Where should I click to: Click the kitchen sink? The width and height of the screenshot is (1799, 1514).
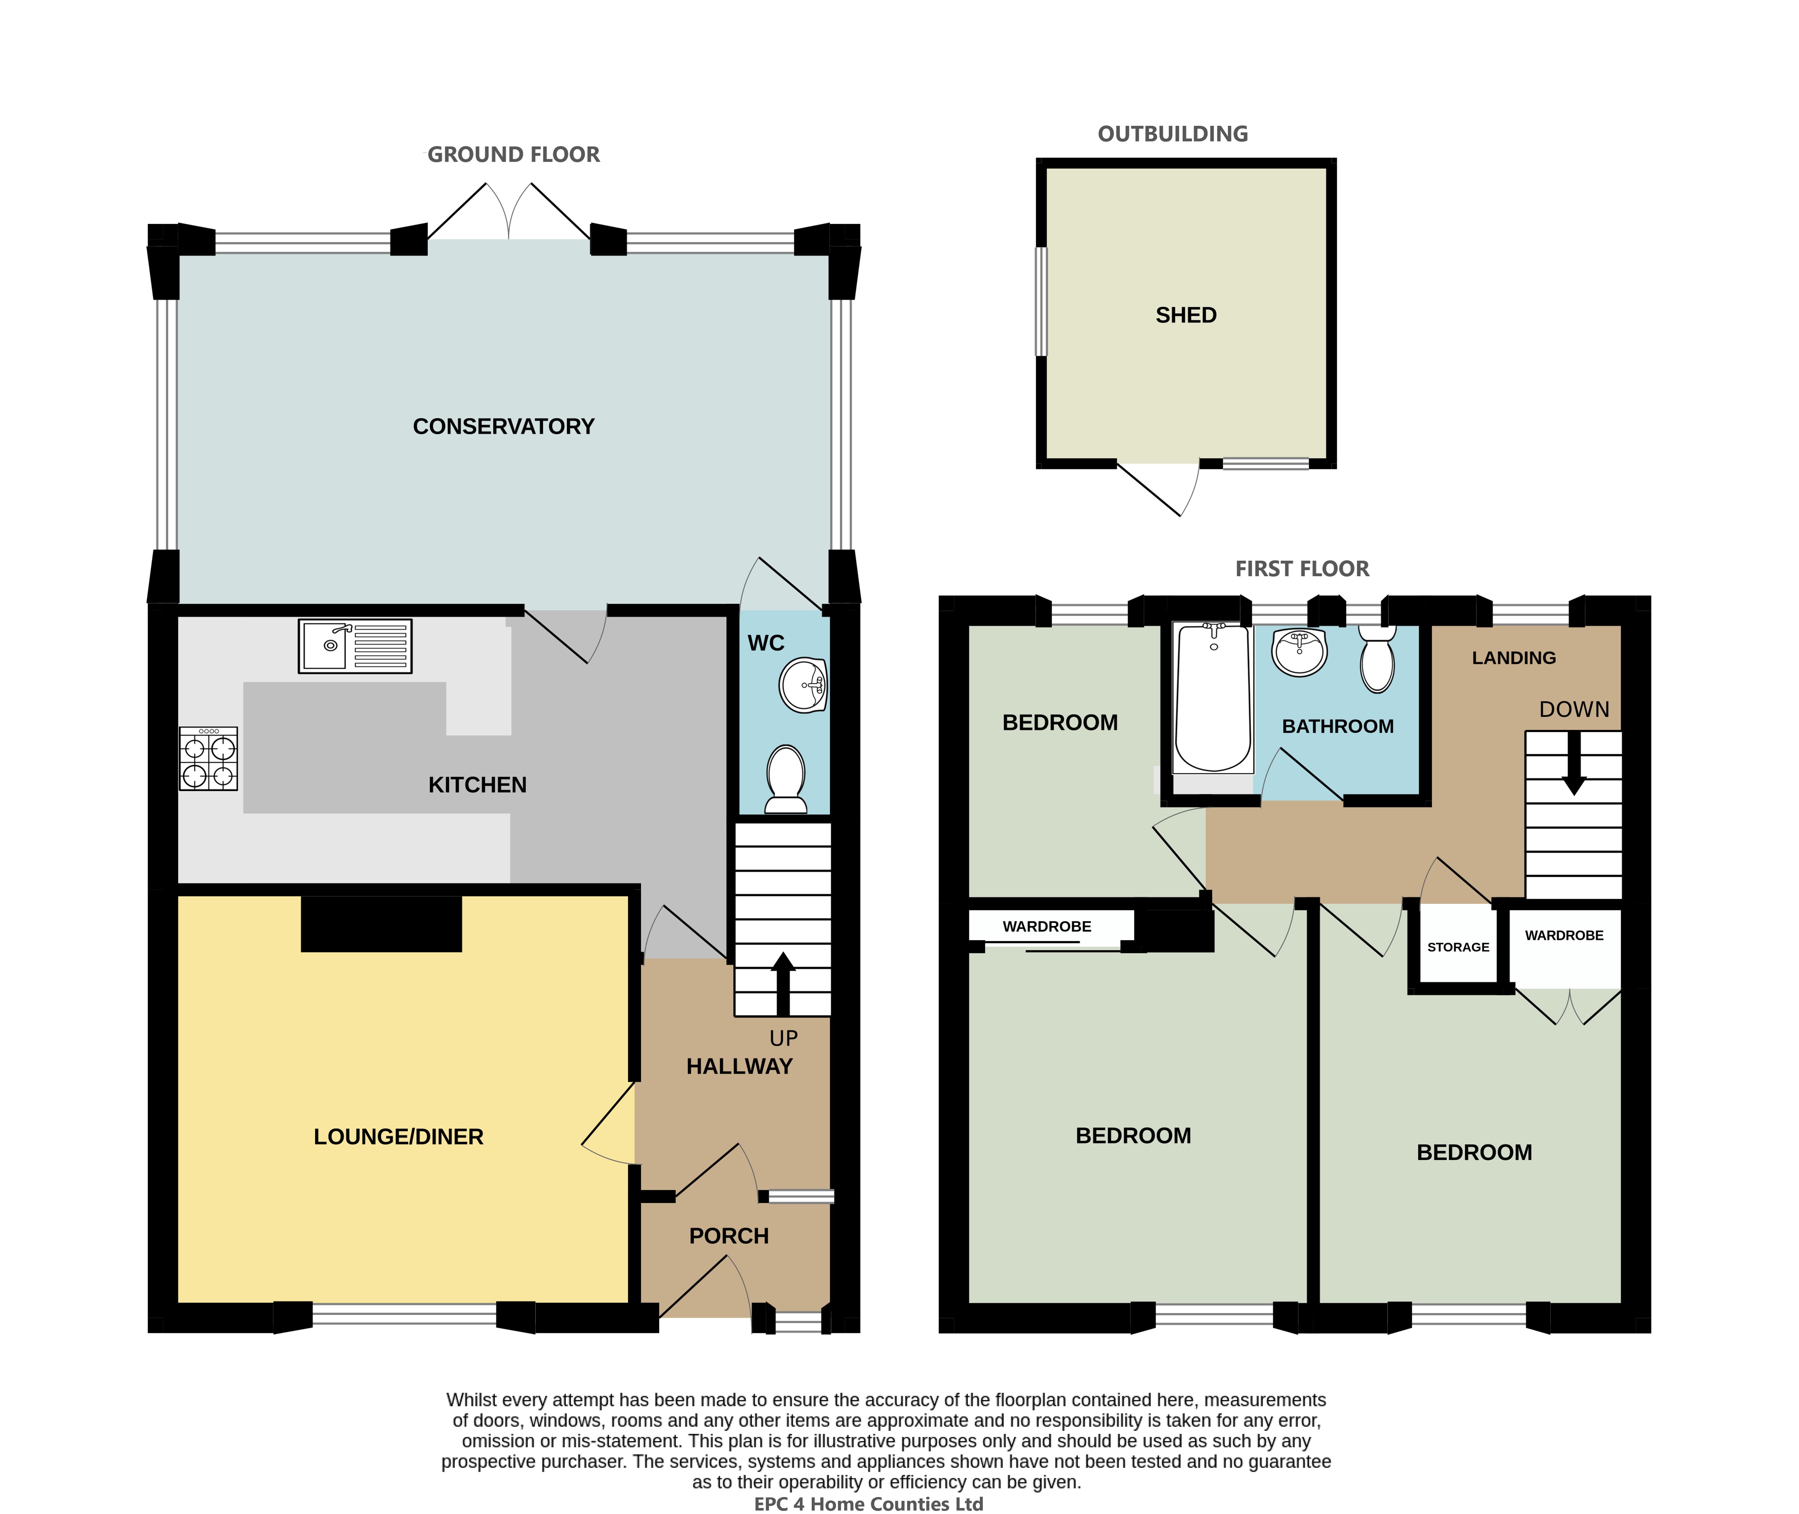click(354, 645)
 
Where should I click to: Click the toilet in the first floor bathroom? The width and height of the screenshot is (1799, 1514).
click(1378, 658)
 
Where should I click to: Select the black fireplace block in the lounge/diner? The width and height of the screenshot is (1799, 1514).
click(381, 924)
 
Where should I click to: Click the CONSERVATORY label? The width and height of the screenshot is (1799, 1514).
click(504, 427)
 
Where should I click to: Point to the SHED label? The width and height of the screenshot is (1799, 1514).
click(1186, 315)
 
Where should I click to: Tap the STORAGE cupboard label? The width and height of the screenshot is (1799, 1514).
click(1458, 947)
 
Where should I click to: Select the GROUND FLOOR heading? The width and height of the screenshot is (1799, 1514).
click(513, 155)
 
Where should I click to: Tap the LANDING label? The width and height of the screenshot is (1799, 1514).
click(1514, 657)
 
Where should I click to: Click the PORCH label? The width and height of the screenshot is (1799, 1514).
click(729, 1236)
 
